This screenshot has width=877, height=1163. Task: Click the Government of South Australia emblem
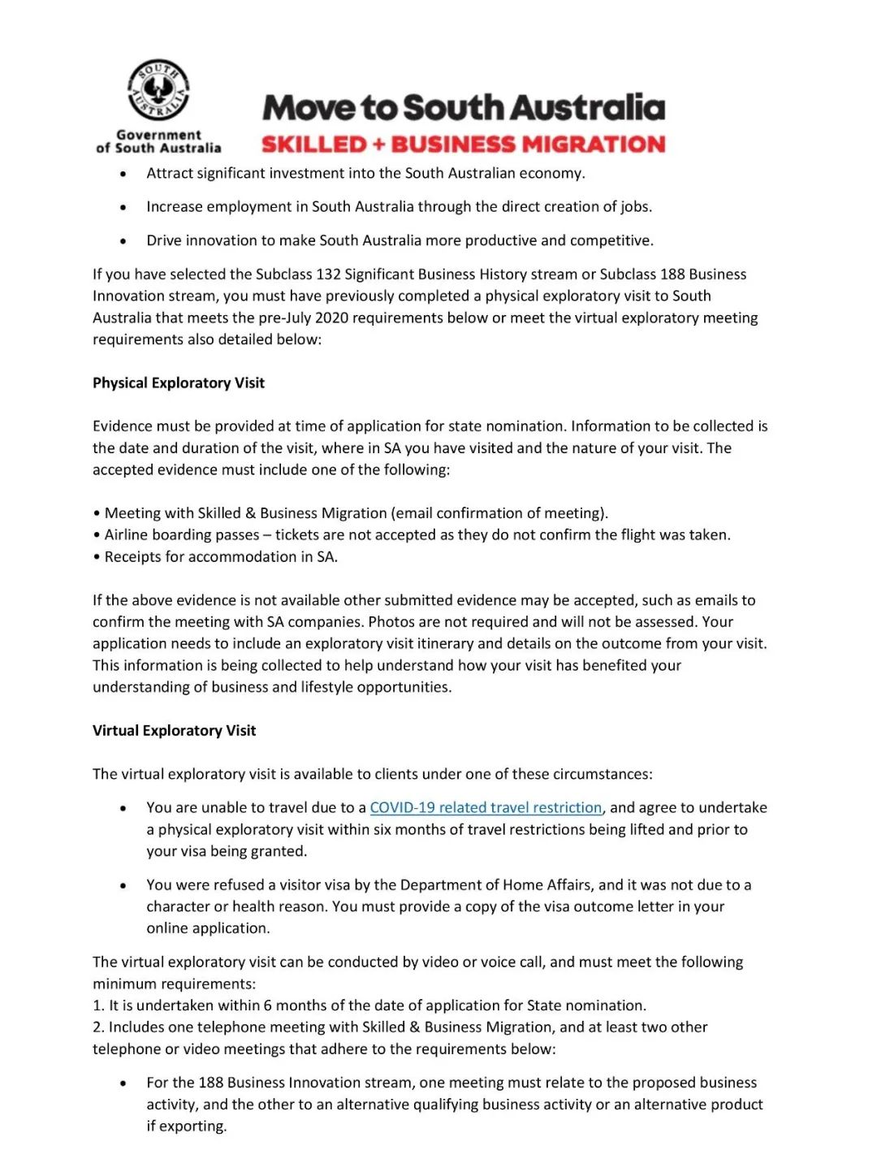(x=158, y=90)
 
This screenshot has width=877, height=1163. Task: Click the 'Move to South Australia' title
(x=464, y=107)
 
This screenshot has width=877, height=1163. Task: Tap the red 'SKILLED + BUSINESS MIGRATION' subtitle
(x=463, y=145)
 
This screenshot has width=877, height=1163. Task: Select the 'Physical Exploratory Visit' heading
(x=179, y=383)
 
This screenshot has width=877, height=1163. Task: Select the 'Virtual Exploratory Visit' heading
(x=174, y=730)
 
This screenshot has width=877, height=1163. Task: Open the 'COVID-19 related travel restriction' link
(x=486, y=807)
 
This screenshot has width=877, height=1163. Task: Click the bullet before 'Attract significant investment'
(x=123, y=174)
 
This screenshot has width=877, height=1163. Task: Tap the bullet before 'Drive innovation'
(x=123, y=241)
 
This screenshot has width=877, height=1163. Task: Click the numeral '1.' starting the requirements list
(x=98, y=1005)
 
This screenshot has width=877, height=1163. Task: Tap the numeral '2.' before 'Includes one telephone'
(x=98, y=1027)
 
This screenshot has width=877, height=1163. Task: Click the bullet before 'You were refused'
(x=123, y=885)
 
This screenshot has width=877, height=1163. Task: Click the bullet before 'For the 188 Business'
(x=123, y=1083)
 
